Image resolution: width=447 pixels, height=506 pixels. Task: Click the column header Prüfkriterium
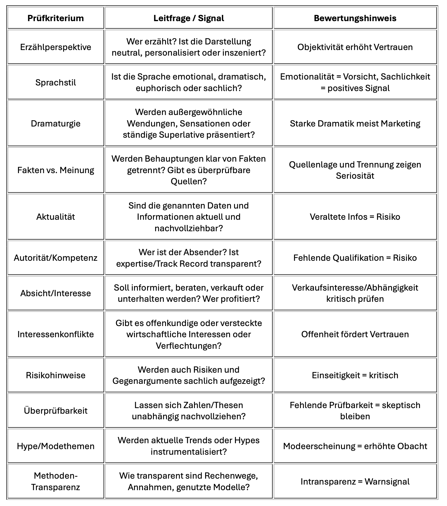(x=56, y=18)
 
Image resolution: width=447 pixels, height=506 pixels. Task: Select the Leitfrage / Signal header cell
(x=189, y=18)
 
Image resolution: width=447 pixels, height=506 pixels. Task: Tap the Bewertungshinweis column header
(x=355, y=18)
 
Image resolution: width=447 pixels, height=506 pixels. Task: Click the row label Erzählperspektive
(x=56, y=47)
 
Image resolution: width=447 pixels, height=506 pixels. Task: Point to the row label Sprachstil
(x=56, y=82)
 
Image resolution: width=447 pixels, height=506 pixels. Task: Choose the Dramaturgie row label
(x=56, y=123)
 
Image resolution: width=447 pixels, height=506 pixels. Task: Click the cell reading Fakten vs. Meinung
(x=56, y=170)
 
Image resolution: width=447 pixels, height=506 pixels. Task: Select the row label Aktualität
(x=56, y=217)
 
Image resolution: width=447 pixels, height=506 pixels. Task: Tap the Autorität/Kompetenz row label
(x=56, y=258)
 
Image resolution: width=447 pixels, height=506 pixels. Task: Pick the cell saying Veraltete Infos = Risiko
(x=355, y=217)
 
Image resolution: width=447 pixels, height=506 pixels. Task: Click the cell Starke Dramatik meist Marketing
(x=355, y=123)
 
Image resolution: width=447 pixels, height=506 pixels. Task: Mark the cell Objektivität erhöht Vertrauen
(x=355, y=47)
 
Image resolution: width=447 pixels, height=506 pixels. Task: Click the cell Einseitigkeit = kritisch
(x=355, y=375)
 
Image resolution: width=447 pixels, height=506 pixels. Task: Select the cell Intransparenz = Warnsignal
(x=355, y=481)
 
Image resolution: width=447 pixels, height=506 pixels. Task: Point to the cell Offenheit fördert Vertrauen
(x=355, y=334)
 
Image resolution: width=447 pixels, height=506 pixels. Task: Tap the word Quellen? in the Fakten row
(x=189, y=181)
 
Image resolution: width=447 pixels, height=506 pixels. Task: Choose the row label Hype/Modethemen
(x=56, y=446)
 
